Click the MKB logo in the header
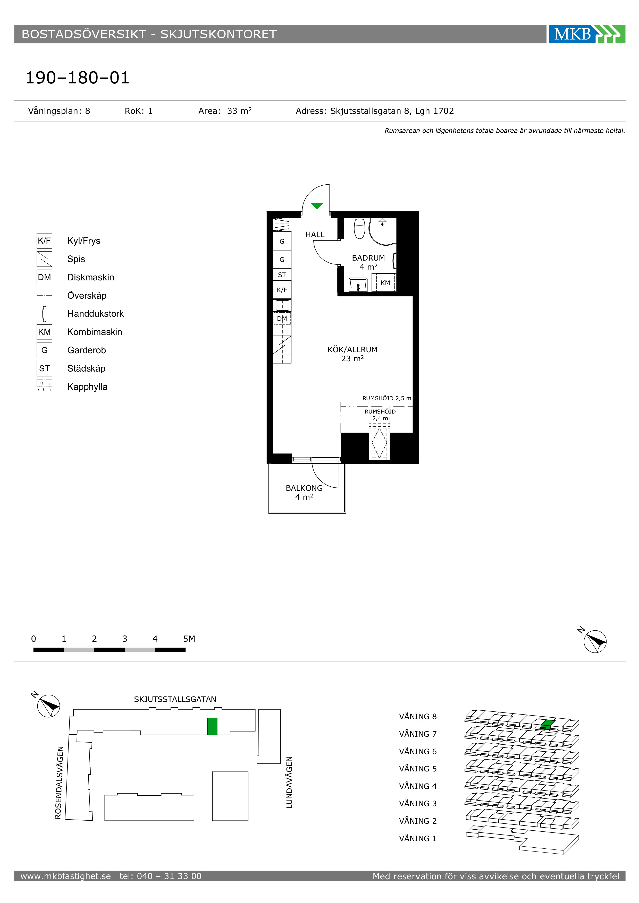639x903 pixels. click(587, 34)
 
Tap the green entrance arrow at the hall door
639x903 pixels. click(317, 206)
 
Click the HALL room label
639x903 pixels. click(315, 234)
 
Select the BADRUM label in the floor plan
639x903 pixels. click(368, 258)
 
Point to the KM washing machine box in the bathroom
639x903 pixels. click(385, 282)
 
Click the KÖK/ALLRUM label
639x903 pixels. click(352, 350)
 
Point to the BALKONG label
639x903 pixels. click(304, 488)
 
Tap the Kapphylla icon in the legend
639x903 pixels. click(45, 385)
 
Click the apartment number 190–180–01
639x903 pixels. click(78, 78)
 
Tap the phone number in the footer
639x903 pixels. click(161, 876)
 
